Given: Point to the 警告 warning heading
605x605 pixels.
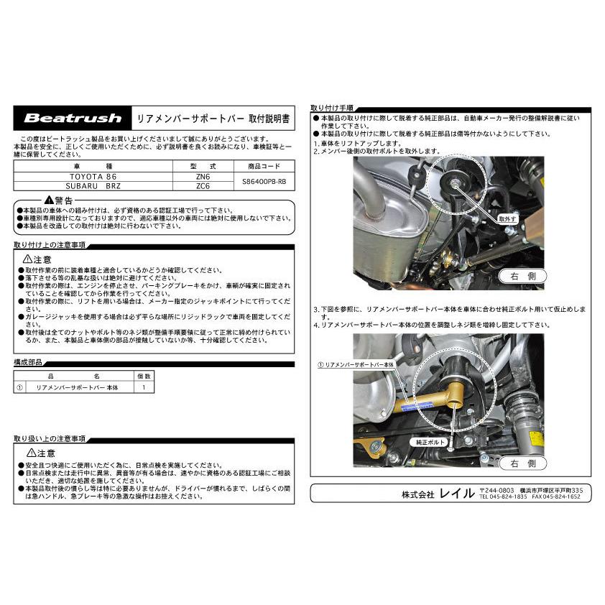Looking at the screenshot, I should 57,199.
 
